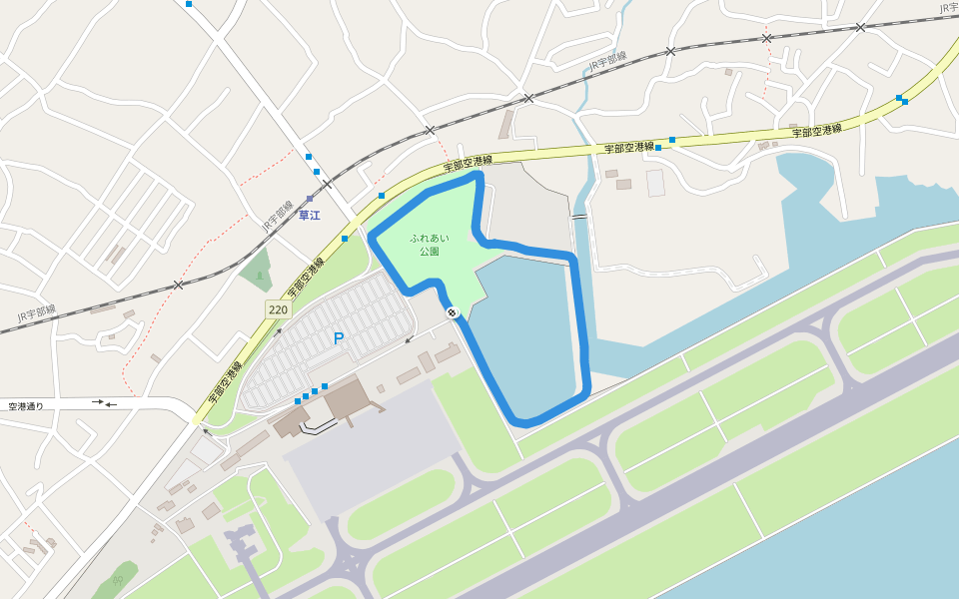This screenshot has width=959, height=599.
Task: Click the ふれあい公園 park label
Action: click(x=430, y=245)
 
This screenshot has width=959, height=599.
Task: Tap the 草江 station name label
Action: click(x=309, y=215)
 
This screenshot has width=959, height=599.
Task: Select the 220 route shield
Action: click(x=278, y=310)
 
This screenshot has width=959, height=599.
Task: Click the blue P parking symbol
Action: click(x=339, y=339)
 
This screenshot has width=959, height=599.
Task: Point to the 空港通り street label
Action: click(x=26, y=406)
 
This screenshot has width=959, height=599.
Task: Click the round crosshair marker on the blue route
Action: click(x=453, y=313)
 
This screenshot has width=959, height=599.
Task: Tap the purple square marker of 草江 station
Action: click(x=311, y=199)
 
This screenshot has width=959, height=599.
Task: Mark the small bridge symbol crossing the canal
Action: click(x=578, y=215)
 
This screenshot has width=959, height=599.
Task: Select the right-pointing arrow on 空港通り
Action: click(x=97, y=402)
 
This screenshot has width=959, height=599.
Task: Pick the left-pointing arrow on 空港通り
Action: click(x=111, y=405)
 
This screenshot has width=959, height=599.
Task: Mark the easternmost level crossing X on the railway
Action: click(x=860, y=27)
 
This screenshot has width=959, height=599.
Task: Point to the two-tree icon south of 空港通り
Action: click(x=119, y=578)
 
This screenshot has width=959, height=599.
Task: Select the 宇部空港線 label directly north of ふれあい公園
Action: click(x=469, y=162)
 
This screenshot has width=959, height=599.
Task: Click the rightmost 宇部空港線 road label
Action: click(x=817, y=131)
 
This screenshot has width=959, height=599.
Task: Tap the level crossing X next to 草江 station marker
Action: click(x=326, y=184)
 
